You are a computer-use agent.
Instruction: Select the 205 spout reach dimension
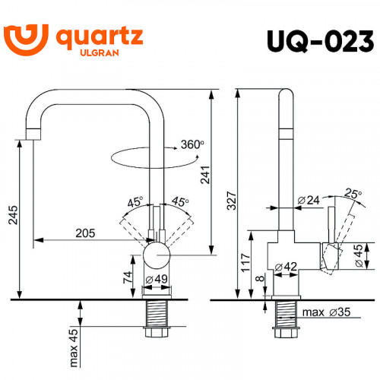pyautogui.click(x=84, y=233)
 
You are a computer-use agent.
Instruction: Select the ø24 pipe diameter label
pyautogui.click(x=309, y=200)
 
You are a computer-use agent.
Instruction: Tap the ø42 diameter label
pyautogui.click(x=287, y=266)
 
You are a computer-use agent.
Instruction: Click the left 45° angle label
pyautogui.click(x=135, y=202)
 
